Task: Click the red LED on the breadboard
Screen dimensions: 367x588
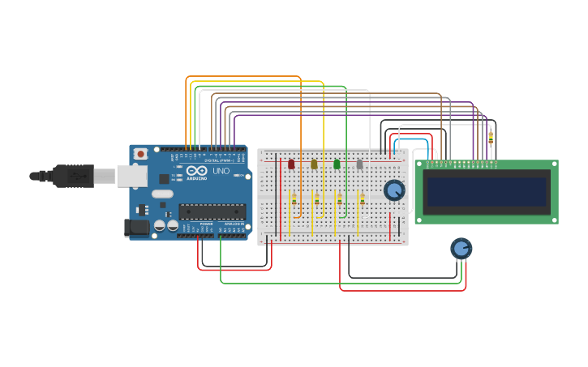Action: (x=291, y=164)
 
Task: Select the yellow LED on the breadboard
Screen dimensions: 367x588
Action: (x=314, y=164)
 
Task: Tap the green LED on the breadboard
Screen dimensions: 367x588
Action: (x=337, y=164)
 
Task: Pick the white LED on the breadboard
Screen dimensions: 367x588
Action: (x=359, y=164)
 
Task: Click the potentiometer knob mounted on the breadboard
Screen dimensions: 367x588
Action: (x=393, y=190)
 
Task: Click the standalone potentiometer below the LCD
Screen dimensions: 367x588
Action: (x=461, y=249)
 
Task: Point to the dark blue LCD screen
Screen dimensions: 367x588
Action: (x=487, y=192)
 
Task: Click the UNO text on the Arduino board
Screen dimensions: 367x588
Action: (x=221, y=172)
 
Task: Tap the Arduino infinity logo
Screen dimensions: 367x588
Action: (x=197, y=171)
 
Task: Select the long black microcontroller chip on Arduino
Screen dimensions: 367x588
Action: (x=212, y=211)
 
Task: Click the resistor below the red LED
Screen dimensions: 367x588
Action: (x=294, y=200)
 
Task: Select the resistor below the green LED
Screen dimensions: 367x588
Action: (x=339, y=200)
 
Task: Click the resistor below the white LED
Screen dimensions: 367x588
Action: (x=362, y=200)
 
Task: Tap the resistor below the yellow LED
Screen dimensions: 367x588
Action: (x=316, y=200)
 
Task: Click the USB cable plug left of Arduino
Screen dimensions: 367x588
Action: (x=73, y=175)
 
